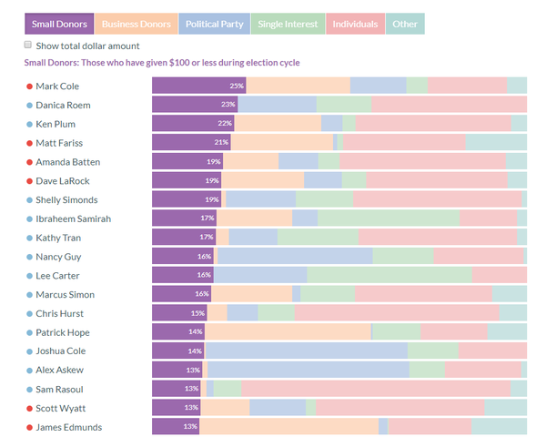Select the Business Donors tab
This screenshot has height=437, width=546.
pyautogui.click(x=136, y=24)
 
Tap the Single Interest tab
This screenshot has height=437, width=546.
pyautogui.click(x=288, y=24)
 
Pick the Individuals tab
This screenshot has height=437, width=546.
pyautogui.click(x=355, y=24)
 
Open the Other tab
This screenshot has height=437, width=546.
pyautogui.click(x=405, y=24)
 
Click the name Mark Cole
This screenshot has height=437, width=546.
pyautogui.click(x=58, y=86)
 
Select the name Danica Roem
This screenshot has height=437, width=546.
pyautogui.click(x=63, y=105)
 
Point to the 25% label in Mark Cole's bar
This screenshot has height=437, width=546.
pyautogui.click(x=237, y=86)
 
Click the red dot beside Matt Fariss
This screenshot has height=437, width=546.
pyautogui.click(x=30, y=143)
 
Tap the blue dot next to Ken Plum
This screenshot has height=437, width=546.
pyautogui.click(x=30, y=124)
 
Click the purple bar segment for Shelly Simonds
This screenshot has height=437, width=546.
pyautogui.click(x=187, y=199)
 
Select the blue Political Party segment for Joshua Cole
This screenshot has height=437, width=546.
pyautogui.click(x=306, y=351)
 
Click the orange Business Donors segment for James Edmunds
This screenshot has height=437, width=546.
pyautogui.click(x=288, y=427)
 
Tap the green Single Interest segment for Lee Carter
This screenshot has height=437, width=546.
pyautogui.click(x=389, y=275)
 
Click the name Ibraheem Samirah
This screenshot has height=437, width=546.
pyautogui.click(x=74, y=218)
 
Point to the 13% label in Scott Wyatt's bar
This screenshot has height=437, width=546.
pyautogui.click(x=191, y=408)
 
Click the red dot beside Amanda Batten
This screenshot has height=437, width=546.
pyautogui.click(x=30, y=161)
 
